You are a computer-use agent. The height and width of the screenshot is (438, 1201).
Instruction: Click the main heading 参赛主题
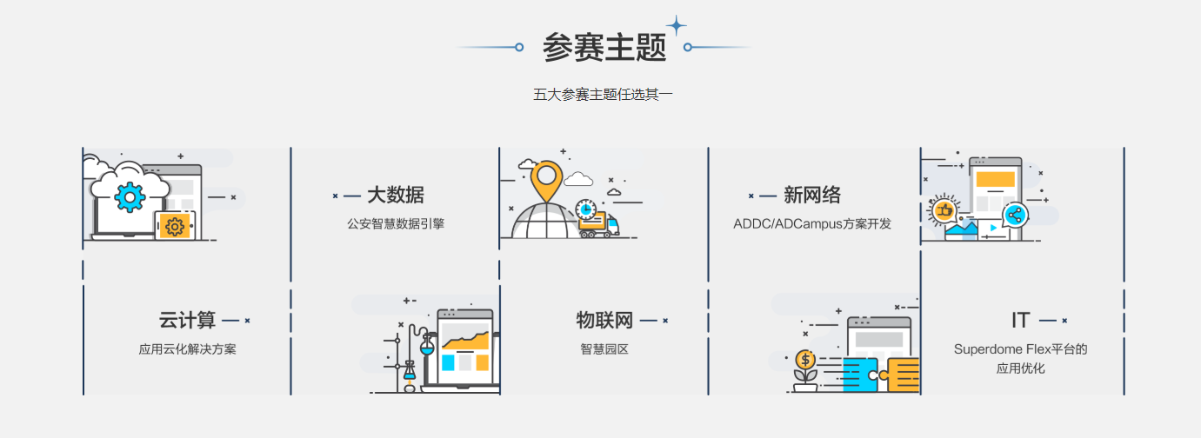604,47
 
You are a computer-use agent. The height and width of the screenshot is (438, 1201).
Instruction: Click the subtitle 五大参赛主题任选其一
603,94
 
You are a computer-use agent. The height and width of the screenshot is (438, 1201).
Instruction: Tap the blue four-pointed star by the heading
676,26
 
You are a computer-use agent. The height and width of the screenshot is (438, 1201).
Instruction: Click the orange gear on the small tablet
174,226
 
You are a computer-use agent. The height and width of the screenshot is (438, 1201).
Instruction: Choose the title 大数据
395,195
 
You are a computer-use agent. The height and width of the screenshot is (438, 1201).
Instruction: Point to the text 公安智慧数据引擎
396,223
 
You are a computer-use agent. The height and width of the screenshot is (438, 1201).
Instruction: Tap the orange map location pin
545,177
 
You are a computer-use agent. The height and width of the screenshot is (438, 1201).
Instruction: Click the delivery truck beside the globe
599,224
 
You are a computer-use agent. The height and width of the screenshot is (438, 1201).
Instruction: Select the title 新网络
812,195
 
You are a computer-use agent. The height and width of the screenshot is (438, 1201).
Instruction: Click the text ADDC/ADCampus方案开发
812,223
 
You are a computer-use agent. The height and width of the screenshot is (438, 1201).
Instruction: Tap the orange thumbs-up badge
944,209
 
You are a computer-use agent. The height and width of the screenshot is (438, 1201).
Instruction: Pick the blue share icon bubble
1014,215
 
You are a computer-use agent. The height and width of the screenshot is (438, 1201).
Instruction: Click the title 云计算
187,320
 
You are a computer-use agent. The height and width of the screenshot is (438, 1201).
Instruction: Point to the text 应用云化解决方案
187,349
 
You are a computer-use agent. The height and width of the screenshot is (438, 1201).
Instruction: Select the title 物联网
604,320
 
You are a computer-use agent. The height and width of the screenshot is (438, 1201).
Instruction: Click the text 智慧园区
604,349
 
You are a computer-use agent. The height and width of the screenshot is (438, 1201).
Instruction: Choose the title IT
1021,320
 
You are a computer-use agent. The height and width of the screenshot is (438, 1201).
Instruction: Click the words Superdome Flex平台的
1021,349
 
